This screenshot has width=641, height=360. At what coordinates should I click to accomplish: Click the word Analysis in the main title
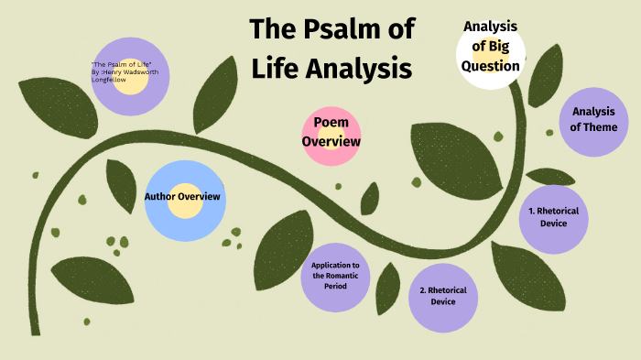click(x=357, y=68)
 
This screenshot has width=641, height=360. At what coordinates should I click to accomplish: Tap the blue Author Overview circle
click(x=183, y=202)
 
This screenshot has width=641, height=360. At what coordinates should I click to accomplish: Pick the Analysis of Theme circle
click(x=593, y=120)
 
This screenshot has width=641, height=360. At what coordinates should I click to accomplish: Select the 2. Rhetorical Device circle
click(x=443, y=296)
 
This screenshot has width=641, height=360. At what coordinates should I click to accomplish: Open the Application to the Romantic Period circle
click(x=335, y=275)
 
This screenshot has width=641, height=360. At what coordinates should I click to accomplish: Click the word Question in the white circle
click(x=491, y=66)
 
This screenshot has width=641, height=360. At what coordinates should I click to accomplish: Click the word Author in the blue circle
click(x=159, y=196)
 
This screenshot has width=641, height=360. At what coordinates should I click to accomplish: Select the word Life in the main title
click(x=276, y=68)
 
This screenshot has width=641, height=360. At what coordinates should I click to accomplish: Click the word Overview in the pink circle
click(x=331, y=142)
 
